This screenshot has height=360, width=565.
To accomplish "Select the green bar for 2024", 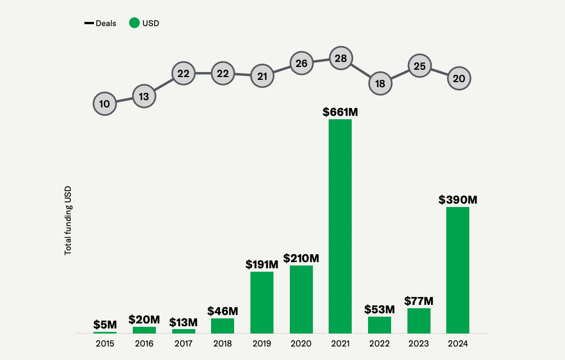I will coord(458,270).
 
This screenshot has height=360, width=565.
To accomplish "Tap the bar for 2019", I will coord(262,303).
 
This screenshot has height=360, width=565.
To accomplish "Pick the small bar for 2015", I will coord(105,332).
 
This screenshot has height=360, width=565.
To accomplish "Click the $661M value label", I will coord(340,112).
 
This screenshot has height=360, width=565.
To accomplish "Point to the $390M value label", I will coord(458,200).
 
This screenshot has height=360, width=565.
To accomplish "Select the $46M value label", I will coord(222,311).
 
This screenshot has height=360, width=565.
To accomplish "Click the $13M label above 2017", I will coord(183,322).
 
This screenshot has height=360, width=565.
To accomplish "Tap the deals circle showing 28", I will coord(340,58).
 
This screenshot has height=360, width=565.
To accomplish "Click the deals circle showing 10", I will coord(105,103).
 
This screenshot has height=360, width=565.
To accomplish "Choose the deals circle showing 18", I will coord(380,84).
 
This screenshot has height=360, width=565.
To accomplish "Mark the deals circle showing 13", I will coord(144,96).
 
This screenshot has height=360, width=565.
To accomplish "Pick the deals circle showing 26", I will coord(301,63).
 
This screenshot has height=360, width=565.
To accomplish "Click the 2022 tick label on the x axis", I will coord(380,343).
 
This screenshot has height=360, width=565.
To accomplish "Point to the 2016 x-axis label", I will coord(144,343).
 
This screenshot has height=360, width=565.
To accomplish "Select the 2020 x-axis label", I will coord(301,343).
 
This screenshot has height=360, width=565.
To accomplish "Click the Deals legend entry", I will coord(101,23).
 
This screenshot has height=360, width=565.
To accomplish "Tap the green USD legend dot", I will coord(134,23).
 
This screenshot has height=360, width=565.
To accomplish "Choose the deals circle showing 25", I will coord(419,66).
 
